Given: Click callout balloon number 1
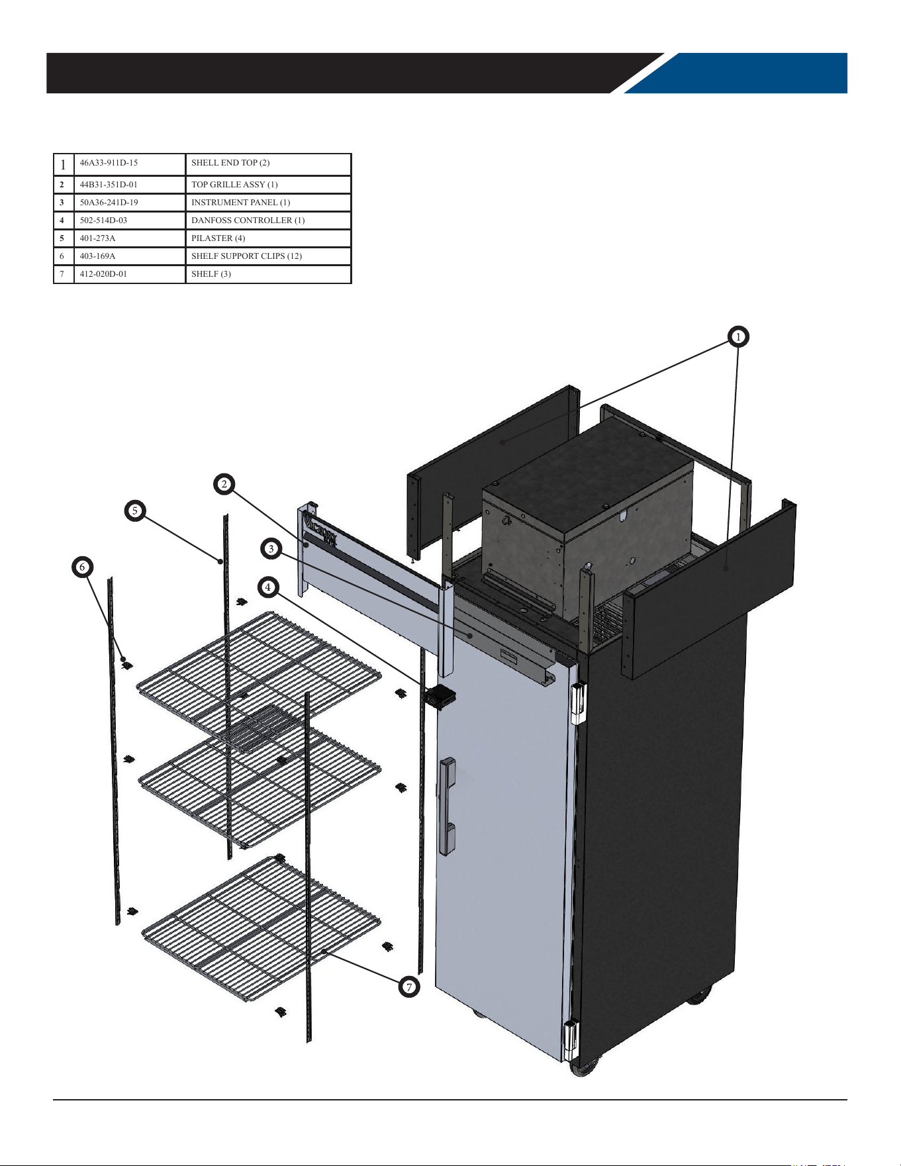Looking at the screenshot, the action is point(738,336).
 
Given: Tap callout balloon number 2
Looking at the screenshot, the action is point(224,484).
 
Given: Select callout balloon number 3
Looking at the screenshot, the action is point(271,548).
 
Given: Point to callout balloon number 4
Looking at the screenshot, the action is point(267,587).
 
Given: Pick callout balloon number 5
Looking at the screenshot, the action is point(134,510).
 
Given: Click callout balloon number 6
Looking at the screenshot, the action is point(82,567).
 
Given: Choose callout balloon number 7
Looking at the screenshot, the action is point(409,987).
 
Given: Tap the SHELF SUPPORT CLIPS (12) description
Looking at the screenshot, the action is point(246,256).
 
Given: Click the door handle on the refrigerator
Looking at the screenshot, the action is point(448,806).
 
